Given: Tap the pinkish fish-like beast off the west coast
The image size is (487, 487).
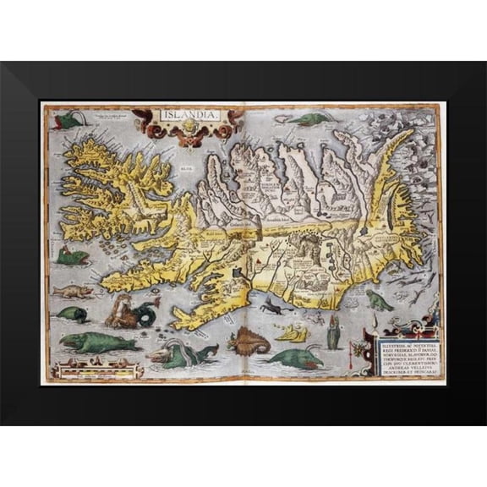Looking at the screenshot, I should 71,292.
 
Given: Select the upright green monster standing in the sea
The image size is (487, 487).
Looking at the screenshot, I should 332,332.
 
